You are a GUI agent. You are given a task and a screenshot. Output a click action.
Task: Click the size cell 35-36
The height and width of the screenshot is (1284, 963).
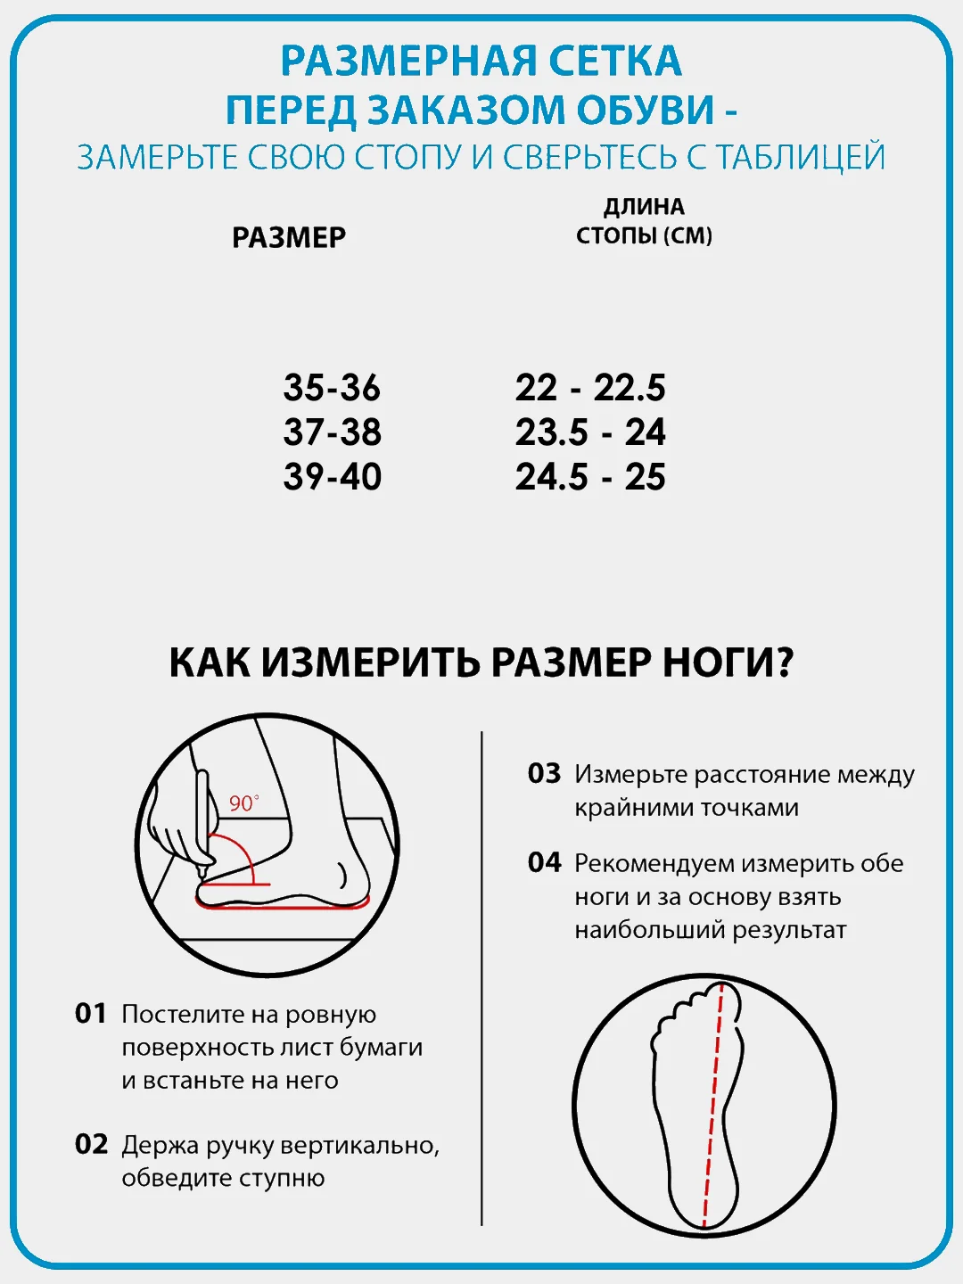[332, 387]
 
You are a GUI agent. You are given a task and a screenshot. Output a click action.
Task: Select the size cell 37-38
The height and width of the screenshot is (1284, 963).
[332, 432]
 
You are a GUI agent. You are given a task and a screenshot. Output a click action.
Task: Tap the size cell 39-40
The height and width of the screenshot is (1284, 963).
[332, 476]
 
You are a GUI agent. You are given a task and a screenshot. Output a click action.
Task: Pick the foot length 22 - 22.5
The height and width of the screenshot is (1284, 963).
[590, 387]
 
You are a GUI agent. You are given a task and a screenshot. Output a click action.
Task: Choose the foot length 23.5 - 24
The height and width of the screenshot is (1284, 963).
[590, 432]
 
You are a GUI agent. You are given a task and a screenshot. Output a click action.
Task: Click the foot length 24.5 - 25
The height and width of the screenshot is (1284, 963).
[590, 476]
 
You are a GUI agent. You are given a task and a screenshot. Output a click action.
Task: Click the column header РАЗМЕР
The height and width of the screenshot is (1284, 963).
[289, 237]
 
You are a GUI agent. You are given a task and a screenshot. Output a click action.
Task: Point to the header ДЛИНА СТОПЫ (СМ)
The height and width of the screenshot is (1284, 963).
[644, 221]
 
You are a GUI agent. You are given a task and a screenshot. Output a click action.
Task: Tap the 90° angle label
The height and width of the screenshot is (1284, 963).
[243, 803]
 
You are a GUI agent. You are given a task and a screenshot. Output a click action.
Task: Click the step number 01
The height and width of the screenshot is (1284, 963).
[91, 1014]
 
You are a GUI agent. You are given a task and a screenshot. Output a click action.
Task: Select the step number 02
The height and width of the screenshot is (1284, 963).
[91, 1145]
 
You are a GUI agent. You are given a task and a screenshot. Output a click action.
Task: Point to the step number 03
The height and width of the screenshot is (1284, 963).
[544, 773]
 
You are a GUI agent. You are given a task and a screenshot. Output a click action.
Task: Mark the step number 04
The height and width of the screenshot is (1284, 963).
[544, 862]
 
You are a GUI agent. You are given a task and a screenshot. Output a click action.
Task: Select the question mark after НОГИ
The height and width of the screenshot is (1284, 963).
[784, 662]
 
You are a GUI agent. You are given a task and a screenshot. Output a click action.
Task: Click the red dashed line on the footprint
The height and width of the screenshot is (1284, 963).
[712, 1106]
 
